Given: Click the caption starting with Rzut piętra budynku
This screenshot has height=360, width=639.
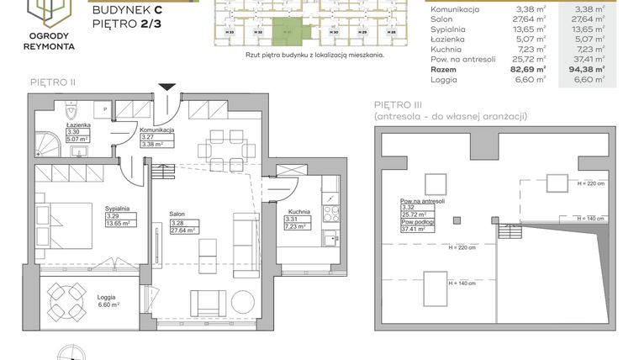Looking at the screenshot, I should (304, 54).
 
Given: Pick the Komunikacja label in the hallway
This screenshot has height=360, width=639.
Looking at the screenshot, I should (156, 130).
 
